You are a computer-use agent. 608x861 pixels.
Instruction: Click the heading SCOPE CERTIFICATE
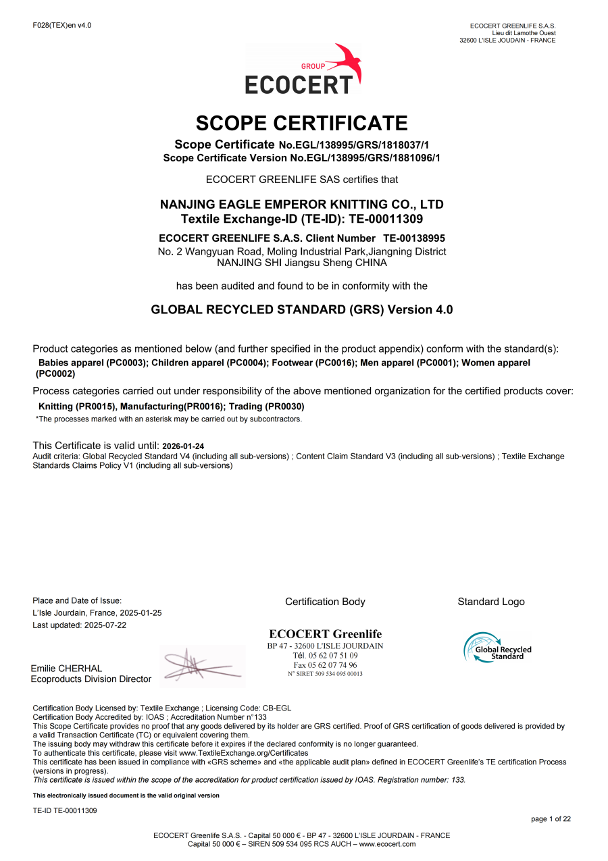(301, 124)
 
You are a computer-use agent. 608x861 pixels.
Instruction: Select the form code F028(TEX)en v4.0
(61, 26)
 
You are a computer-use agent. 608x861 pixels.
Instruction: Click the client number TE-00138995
(414, 238)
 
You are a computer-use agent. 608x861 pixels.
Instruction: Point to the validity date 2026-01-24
(183, 446)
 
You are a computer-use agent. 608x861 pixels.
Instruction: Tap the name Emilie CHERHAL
(66, 669)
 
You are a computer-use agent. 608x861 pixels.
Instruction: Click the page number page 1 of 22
(551, 819)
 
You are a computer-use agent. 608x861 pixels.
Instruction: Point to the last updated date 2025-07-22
(105, 625)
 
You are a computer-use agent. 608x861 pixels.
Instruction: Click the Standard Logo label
(490, 602)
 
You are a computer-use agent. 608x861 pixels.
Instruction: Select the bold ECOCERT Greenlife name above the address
(325, 634)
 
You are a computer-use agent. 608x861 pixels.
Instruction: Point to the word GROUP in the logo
(313, 66)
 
